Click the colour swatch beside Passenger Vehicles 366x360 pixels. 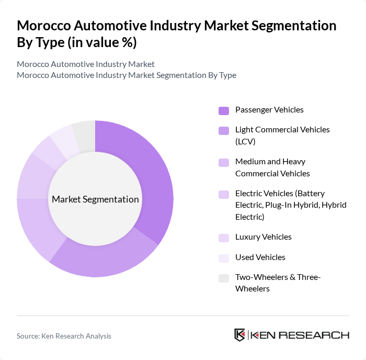(x=224, y=110)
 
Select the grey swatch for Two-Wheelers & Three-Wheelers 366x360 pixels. (x=224, y=278)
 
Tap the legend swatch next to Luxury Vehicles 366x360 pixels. (x=224, y=238)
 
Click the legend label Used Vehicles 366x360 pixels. (x=260, y=257)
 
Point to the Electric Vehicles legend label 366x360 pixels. (x=291, y=205)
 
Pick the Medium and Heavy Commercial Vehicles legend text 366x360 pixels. (x=272, y=167)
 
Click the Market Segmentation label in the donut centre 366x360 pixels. (x=95, y=199)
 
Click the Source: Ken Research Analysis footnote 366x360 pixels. (x=64, y=336)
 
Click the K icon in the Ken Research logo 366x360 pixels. (x=240, y=335)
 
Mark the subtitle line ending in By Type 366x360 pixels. (x=127, y=75)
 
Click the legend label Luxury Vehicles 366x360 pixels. (x=264, y=237)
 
